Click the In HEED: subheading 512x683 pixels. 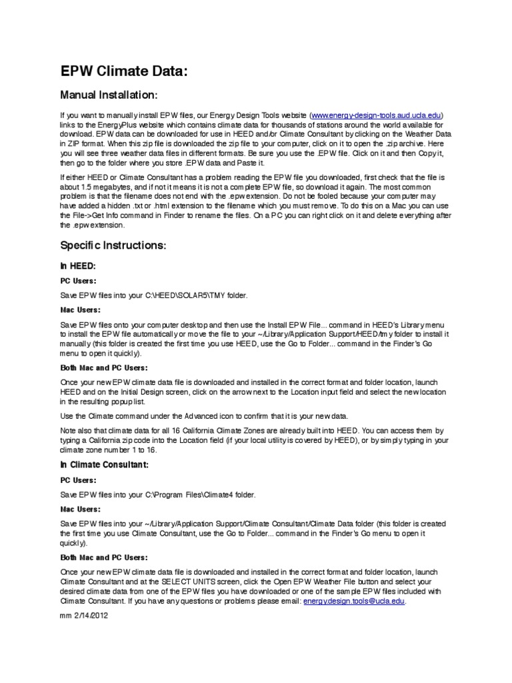click(x=79, y=265)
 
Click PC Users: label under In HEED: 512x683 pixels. click(x=79, y=281)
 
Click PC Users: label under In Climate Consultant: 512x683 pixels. click(x=79, y=480)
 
